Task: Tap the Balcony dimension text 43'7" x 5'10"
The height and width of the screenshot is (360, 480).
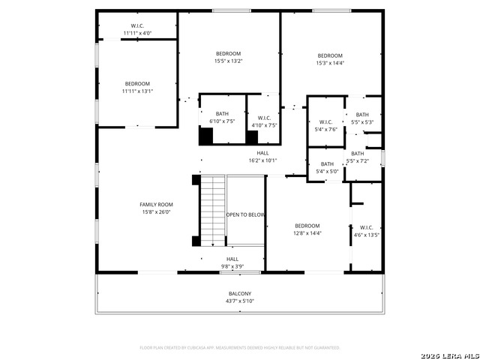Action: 240,301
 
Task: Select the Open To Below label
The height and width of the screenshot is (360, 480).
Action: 246,214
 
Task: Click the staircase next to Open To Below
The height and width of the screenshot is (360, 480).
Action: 213,210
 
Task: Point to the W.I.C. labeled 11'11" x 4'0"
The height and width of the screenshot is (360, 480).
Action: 137,29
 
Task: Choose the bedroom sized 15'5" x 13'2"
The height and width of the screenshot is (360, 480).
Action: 228,57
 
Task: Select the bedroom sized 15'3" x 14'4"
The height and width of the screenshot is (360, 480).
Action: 329,59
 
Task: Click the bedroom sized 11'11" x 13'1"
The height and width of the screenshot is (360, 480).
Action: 137,87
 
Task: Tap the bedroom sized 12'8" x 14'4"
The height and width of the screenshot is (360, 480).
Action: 307,229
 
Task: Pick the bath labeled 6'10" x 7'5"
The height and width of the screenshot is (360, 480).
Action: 222,117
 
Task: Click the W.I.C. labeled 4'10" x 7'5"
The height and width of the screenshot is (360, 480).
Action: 264,121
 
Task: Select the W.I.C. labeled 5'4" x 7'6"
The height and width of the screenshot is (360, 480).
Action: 325,125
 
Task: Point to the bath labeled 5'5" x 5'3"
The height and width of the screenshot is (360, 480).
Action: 362,118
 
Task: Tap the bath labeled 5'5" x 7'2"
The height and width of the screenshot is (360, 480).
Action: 357,157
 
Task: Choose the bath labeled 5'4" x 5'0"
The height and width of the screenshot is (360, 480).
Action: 327,168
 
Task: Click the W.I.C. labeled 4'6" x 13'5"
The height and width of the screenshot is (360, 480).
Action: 366,231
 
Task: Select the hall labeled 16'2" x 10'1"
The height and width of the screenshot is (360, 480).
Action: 262,156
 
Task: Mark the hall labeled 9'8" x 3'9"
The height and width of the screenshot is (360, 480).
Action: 232,262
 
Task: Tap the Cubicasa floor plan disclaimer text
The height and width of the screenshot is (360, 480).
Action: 240,347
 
